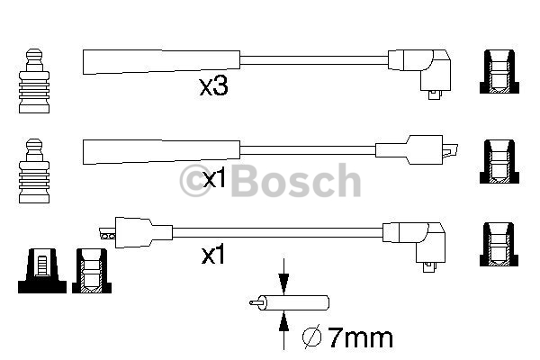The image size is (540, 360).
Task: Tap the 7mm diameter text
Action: coord(360,338)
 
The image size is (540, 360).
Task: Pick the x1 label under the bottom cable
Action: coord(211,256)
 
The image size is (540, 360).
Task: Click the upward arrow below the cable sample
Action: coord(283,325)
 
